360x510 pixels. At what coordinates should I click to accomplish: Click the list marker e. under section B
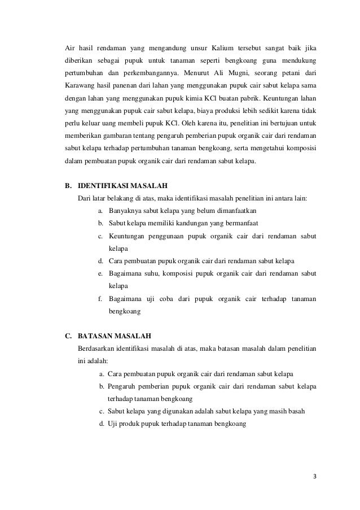(99, 273)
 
